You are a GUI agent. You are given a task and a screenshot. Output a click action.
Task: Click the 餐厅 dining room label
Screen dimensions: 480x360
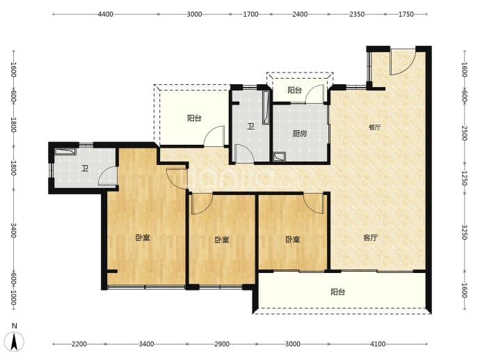point(374,127)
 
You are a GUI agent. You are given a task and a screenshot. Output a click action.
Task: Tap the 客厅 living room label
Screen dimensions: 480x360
point(370,237)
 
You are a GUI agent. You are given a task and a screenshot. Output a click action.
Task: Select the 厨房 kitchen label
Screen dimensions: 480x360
point(299,134)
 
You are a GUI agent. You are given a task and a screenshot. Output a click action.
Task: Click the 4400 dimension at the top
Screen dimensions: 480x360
point(105,14)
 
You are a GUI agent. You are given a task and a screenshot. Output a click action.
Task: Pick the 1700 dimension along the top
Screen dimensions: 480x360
point(250,14)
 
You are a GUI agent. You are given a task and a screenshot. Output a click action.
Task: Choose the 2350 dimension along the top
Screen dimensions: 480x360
point(357,14)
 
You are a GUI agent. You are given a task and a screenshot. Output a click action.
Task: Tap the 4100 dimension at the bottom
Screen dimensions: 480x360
point(378,344)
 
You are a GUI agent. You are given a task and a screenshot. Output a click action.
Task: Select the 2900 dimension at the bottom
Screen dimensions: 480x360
point(222,344)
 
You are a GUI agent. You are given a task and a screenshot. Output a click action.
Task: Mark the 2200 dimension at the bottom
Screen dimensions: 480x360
point(79,344)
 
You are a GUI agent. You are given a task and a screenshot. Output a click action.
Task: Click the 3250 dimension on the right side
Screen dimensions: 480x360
point(465,233)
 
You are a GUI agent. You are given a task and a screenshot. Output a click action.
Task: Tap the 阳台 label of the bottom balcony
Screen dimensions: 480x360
point(338,292)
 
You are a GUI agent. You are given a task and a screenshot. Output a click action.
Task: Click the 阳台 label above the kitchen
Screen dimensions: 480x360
point(295,90)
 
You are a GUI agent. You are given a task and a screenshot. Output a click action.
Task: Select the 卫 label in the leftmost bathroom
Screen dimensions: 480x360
point(84,169)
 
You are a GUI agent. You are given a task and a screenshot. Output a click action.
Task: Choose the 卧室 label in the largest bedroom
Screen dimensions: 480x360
point(143,237)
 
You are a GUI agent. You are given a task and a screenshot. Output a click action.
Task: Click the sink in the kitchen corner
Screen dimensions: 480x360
point(279,157)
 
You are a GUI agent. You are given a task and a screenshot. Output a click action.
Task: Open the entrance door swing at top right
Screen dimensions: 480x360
point(402,62)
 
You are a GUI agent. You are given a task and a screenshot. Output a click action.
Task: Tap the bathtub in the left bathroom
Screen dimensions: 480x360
point(65,152)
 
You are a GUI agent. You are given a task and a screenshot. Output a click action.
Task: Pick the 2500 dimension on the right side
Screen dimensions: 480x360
point(465,133)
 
